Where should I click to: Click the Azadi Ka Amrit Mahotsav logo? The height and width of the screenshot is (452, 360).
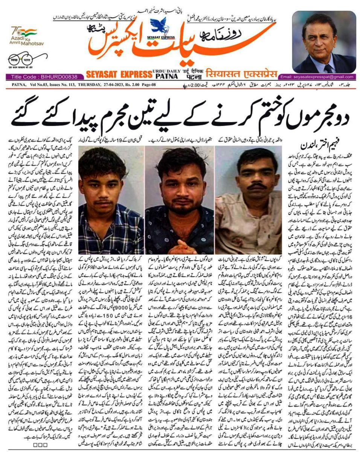[x=24, y=36]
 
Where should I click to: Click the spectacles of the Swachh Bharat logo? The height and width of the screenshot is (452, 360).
[x=23, y=60]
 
